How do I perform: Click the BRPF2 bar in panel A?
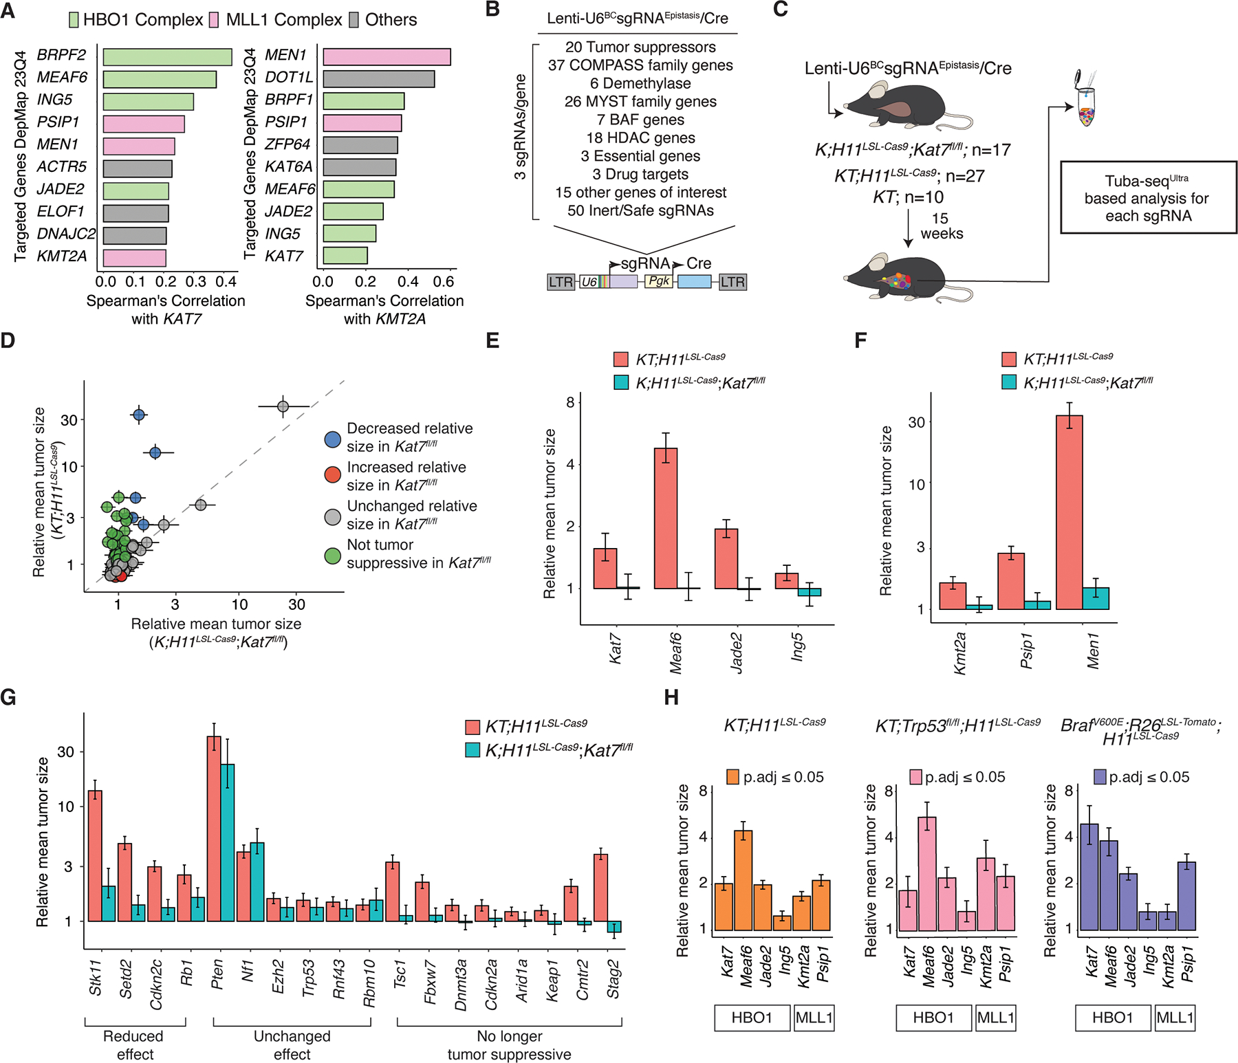[167, 57]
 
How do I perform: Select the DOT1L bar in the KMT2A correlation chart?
[378, 79]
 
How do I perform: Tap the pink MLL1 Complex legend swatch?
[214, 20]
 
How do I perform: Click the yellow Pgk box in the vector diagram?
[659, 281]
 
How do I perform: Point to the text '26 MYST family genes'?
[640, 102]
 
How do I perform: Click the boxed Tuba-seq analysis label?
[1147, 198]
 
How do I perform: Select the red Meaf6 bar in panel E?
[665, 518]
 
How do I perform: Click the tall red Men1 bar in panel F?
[1069, 512]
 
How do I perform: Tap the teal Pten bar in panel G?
[228, 842]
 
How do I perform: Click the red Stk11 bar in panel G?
[95, 855]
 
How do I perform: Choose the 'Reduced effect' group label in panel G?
[134, 1044]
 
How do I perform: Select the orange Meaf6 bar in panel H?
[743, 880]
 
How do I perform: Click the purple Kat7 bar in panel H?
[1089, 877]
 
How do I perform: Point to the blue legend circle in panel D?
[333, 438]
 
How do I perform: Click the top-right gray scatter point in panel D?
[283, 406]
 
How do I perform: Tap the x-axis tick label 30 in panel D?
[296, 604]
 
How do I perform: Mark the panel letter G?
[8, 698]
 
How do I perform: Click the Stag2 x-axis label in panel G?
[613, 979]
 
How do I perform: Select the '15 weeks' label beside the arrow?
[941, 226]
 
